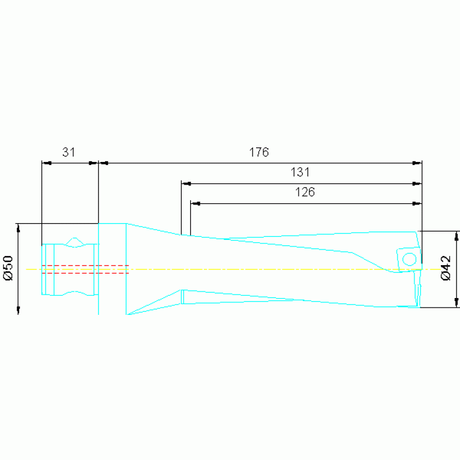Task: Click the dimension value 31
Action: [x=68, y=152]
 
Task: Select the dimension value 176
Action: [x=258, y=152]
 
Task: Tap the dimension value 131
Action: [x=300, y=172]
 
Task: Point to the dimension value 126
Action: [x=305, y=192]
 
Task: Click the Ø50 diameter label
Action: [x=8, y=268]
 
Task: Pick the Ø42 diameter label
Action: [x=446, y=268]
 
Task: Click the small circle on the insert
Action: [x=409, y=259]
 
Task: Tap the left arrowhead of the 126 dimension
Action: [x=196, y=203]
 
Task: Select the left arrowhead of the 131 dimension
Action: [x=187, y=184]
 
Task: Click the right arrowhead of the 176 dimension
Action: [x=417, y=163]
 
